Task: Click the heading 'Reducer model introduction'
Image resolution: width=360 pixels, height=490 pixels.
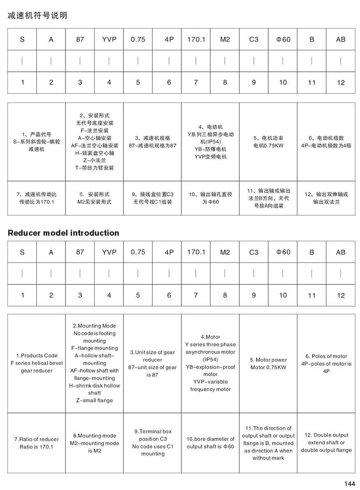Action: (63, 233)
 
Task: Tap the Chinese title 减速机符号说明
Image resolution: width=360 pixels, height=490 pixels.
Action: (37, 16)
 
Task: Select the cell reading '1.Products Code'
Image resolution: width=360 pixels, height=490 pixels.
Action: (37, 355)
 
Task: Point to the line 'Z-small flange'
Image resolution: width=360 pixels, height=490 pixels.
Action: (95, 400)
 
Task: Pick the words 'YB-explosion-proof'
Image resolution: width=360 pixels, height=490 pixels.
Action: (210, 367)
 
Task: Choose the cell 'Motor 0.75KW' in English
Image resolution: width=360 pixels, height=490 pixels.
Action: (268, 367)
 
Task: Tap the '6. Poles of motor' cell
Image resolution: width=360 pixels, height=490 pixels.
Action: (326, 356)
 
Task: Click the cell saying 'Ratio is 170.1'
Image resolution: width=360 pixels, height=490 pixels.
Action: (37, 447)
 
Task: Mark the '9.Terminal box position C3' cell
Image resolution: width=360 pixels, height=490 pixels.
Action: (153, 435)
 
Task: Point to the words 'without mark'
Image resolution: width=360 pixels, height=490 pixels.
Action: (268, 458)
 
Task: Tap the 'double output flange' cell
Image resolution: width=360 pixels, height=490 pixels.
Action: (326, 450)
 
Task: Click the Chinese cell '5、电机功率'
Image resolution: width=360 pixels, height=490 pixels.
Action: (268, 138)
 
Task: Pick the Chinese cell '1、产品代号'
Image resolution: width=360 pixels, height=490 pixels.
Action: (37, 134)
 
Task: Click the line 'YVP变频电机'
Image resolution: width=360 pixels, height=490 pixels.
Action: (210, 157)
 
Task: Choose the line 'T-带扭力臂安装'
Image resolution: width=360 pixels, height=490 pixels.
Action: (95, 168)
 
